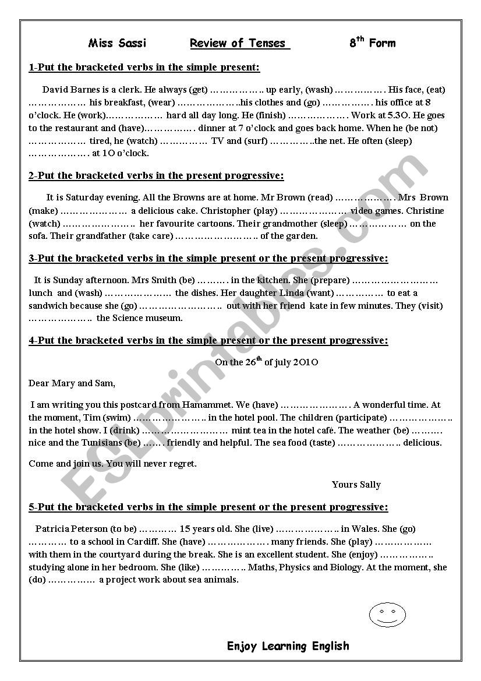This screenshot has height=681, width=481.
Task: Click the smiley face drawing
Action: coord(387,615)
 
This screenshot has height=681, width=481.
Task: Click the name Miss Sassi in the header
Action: coord(117,43)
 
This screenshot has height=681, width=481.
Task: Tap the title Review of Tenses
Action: coord(239,43)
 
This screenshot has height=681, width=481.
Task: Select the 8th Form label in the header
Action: coord(372,43)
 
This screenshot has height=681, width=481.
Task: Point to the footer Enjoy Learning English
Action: coord(288,645)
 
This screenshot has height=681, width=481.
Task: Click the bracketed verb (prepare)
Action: coord(330,280)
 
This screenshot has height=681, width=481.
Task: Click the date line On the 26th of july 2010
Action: coord(266,362)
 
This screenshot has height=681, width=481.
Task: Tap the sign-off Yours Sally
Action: coord(356,485)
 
